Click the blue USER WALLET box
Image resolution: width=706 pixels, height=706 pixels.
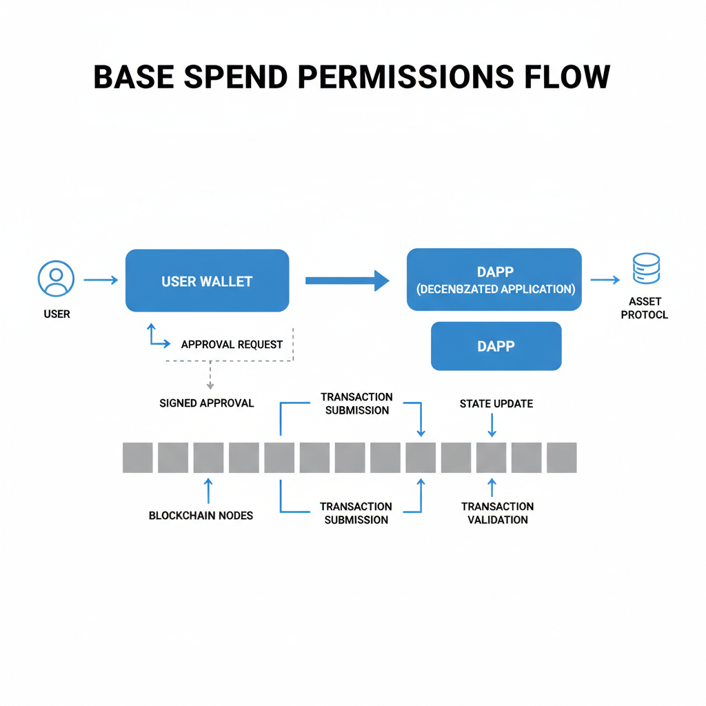pos(207,281)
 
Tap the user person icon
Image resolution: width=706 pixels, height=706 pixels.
pos(56,279)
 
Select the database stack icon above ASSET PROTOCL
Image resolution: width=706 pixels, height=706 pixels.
pos(646,269)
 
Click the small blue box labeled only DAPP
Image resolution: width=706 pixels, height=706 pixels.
pos(496,346)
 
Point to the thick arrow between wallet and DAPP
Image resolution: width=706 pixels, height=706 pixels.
pos(347,280)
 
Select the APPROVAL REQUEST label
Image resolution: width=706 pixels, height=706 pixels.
pos(232,344)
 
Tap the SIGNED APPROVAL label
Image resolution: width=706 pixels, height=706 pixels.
pos(207,403)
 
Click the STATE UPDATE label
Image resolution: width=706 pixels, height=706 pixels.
pos(496,403)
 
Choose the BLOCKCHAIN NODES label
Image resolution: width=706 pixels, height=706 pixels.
pos(201,515)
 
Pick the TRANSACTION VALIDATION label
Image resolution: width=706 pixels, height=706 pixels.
pos(497,513)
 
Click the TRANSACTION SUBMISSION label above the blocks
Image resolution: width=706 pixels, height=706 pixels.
pos(356,403)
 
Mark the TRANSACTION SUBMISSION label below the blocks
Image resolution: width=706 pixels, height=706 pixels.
pos(356,513)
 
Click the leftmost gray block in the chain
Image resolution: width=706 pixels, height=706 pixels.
pos(138,458)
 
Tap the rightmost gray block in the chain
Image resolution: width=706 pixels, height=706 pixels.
pos(561,458)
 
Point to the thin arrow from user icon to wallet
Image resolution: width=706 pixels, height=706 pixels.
pos(101,280)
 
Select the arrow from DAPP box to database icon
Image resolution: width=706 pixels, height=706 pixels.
pos(605,279)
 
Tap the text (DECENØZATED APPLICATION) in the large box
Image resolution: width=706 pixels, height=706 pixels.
pos(495,289)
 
